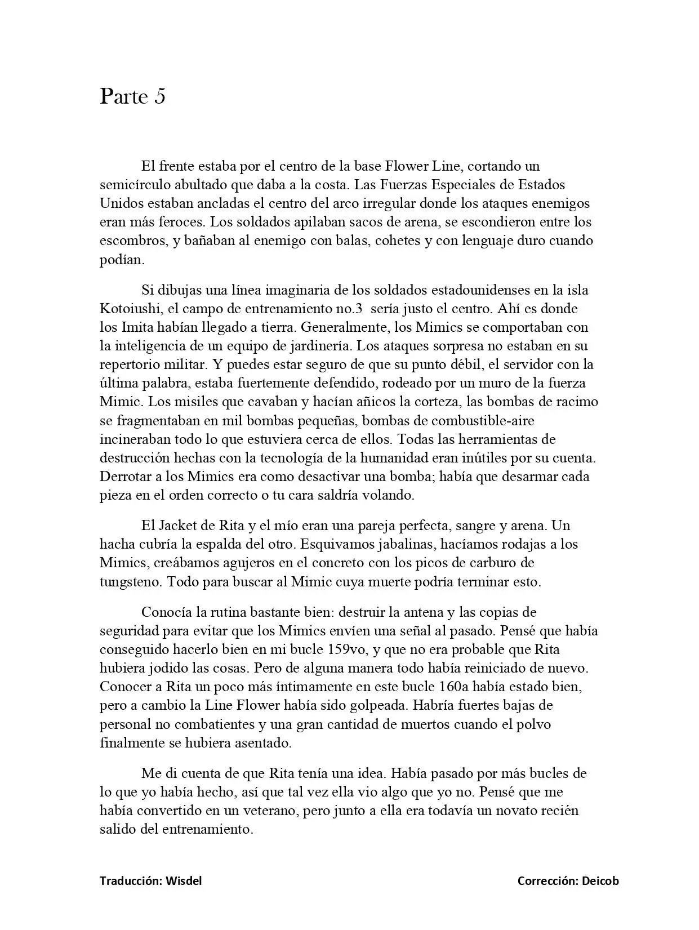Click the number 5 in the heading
pyautogui.click(x=159, y=97)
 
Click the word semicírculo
pyautogui.click(x=133, y=185)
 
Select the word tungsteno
pyautogui.click(x=130, y=582)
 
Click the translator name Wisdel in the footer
pyautogui.click(x=184, y=881)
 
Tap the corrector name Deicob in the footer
pyautogui.click(x=600, y=881)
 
